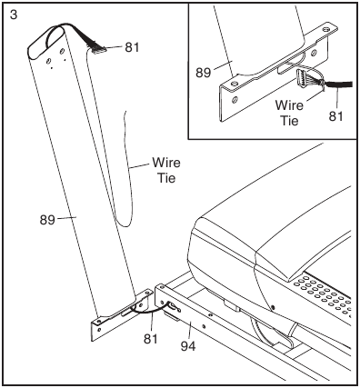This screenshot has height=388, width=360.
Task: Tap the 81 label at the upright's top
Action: (x=132, y=47)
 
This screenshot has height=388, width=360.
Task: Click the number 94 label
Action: (x=185, y=347)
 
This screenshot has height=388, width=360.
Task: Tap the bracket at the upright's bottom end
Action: (x=118, y=314)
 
